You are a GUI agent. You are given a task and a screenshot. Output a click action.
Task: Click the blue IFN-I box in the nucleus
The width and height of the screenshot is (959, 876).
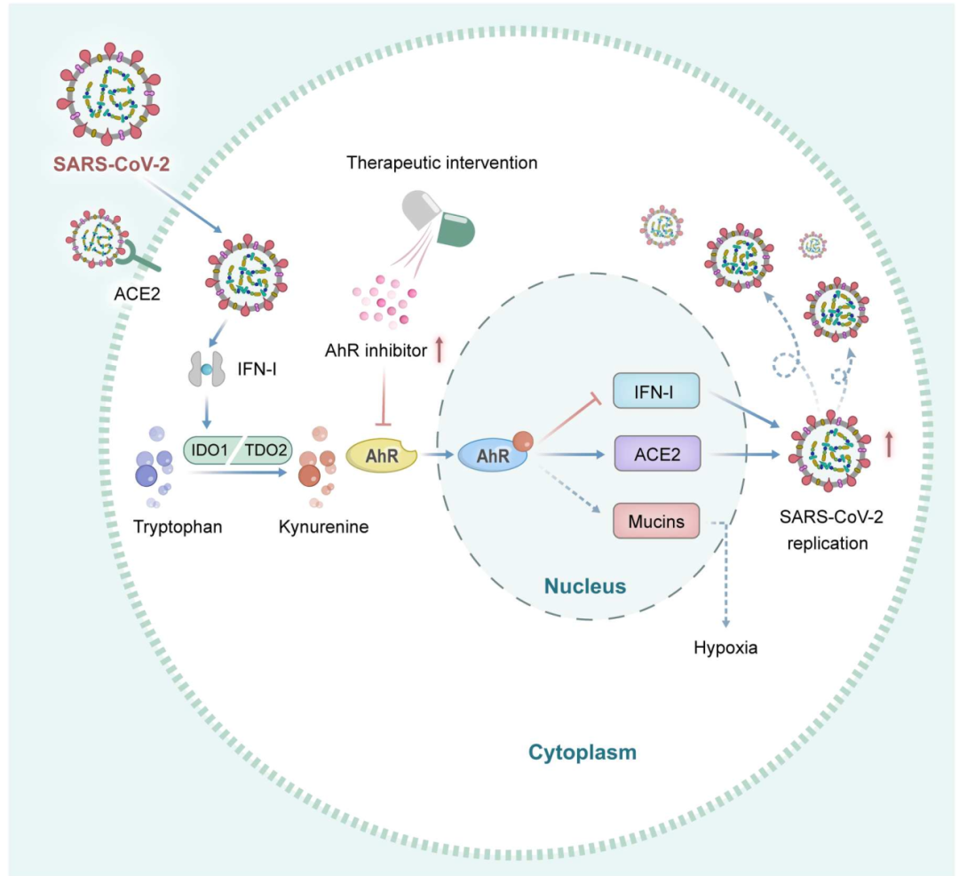pos(656,391)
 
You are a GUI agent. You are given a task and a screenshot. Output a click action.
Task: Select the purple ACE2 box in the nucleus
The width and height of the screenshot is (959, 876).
pos(656,453)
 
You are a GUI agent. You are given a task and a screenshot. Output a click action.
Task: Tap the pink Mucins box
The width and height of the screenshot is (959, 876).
pos(656,522)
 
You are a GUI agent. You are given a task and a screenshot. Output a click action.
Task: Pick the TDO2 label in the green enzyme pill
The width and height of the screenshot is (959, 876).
pos(266,451)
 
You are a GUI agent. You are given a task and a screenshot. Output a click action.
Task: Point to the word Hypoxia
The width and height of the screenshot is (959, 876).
pos(725,647)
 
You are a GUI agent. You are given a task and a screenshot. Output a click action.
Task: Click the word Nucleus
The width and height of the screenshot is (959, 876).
pos(585,586)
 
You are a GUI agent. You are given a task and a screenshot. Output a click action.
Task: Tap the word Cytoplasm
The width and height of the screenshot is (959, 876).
pos(583,753)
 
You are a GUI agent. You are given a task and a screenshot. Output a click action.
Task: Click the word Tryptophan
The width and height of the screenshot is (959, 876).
pos(178,526)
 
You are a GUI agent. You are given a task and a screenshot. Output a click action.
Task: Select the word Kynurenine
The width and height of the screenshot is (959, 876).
pos(323,526)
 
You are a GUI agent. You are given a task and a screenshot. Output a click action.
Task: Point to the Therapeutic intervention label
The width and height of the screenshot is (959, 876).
pos(442,163)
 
